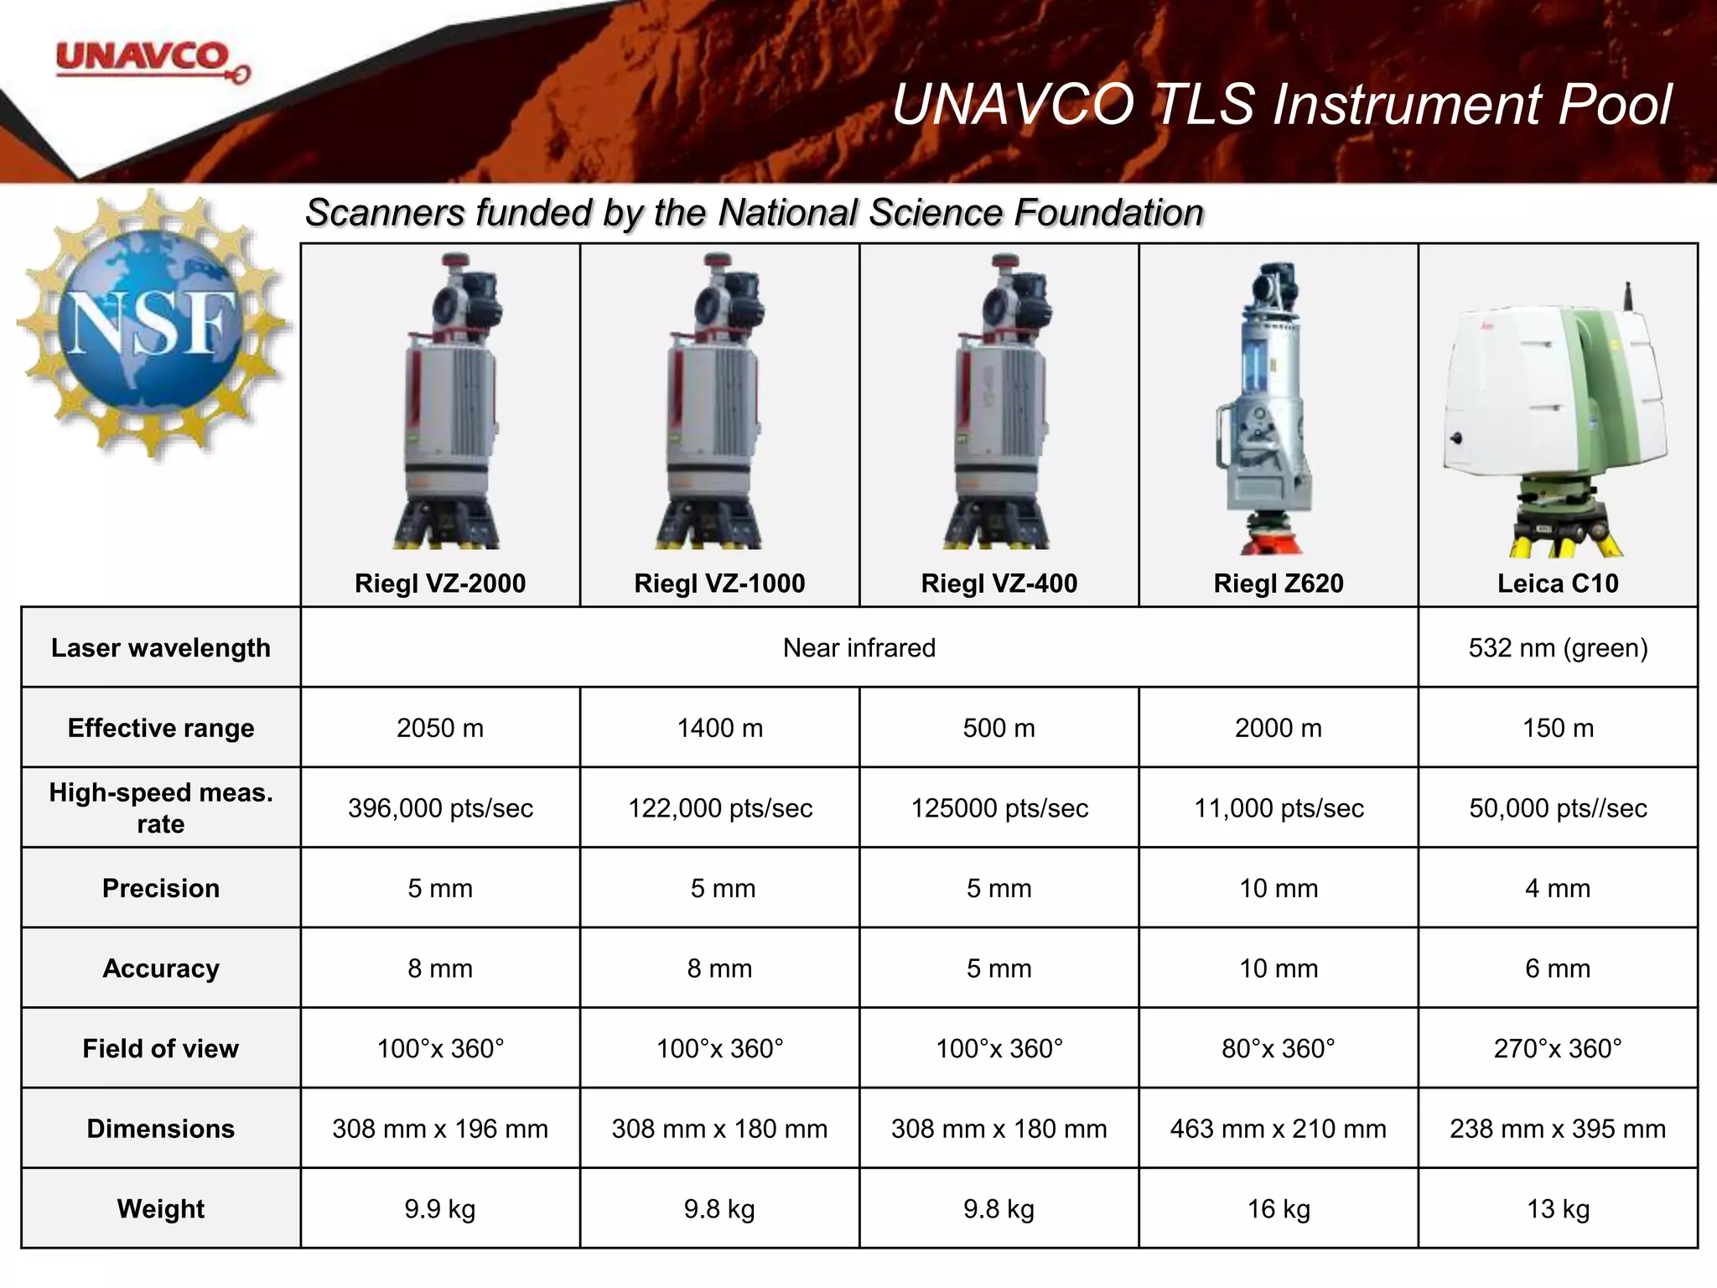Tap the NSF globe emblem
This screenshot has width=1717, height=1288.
152,324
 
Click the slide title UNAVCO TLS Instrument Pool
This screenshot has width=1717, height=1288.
1281,106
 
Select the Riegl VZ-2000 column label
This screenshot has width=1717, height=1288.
440,584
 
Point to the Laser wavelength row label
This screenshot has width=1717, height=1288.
161,648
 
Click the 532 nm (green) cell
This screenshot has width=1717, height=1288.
1558,648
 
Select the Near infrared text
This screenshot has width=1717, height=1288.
858,648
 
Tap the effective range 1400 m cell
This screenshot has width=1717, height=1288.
719,728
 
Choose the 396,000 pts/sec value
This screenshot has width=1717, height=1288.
440,808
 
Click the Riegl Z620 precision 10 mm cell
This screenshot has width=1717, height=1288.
1279,888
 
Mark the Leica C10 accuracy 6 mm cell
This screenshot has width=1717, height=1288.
1558,969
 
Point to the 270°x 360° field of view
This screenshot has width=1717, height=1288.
1558,1048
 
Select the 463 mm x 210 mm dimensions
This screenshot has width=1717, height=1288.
1279,1129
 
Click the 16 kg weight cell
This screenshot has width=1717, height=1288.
1279,1209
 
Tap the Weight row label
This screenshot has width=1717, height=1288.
161,1209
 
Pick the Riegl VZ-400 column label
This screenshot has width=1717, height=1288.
999,584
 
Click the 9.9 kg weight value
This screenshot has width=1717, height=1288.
440,1209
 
